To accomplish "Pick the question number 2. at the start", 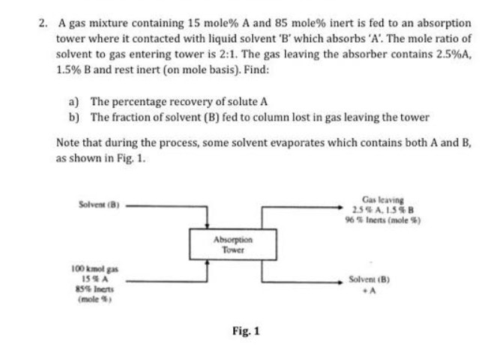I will point(43,22).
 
